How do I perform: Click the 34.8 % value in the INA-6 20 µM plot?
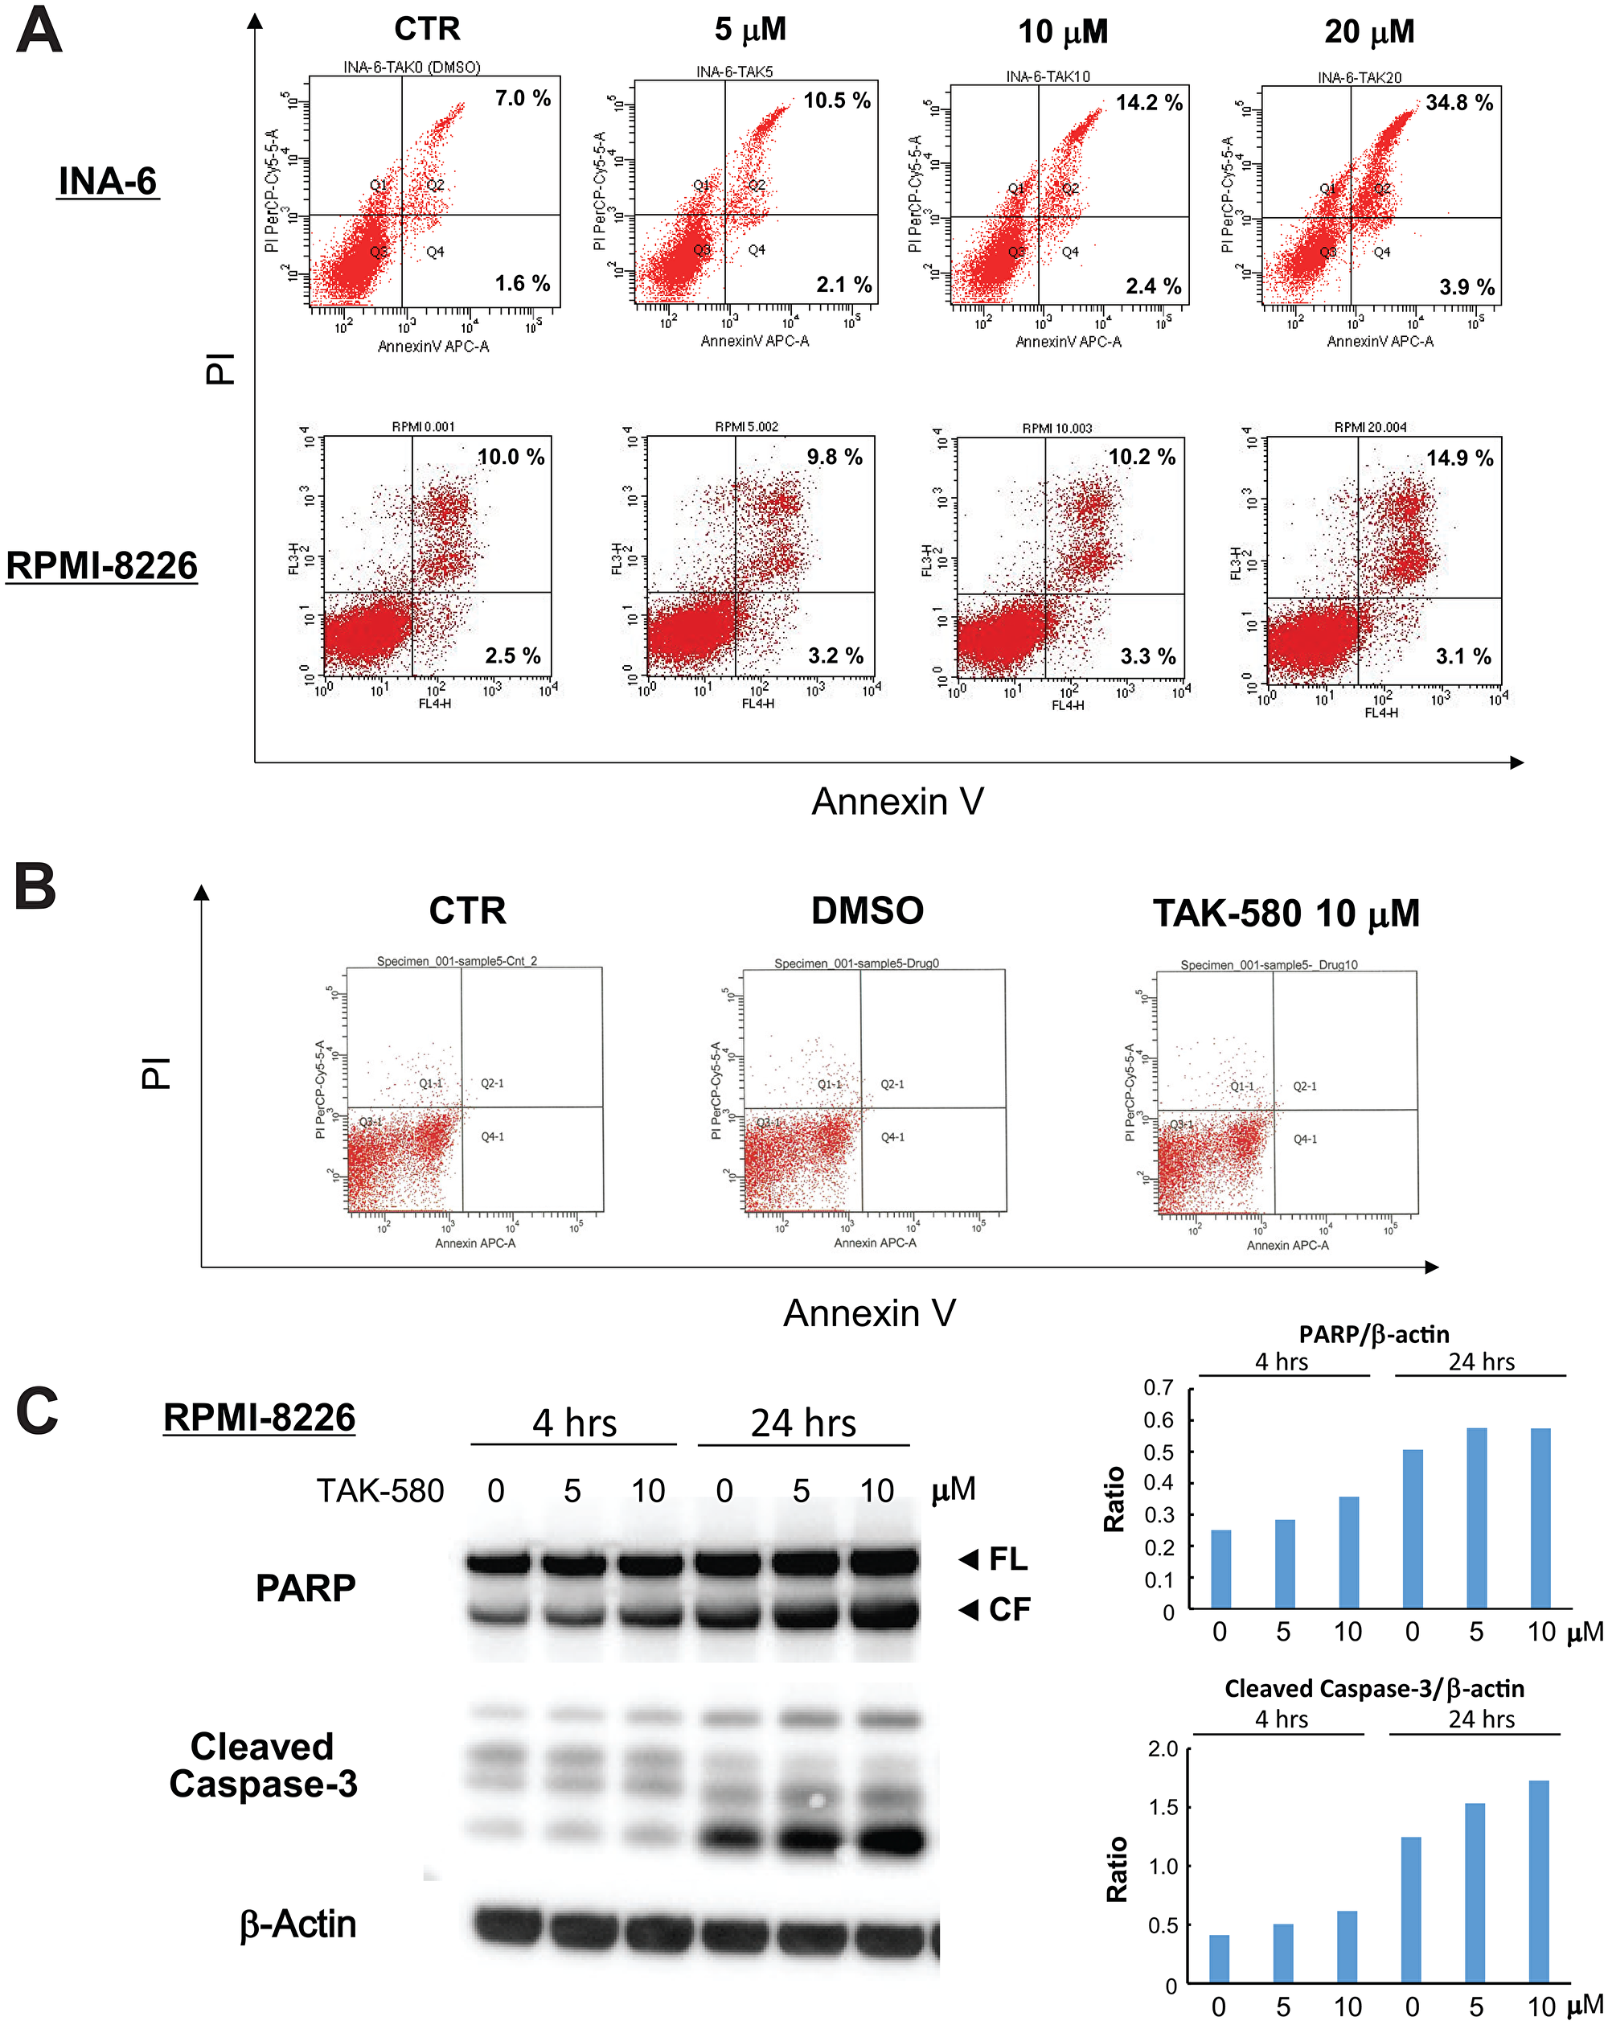tap(1458, 102)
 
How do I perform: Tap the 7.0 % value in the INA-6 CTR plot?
tap(523, 97)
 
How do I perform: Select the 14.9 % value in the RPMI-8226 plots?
tap(1458, 458)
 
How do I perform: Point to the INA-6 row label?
tap(107, 180)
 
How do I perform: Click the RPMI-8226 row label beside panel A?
tap(101, 565)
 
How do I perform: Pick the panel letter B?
tap(35, 887)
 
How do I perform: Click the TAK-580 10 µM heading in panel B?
tap(1285, 913)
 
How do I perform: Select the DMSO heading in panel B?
tap(867, 910)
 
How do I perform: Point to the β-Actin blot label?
tap(297, 1924)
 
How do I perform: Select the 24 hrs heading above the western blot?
tap(802, 1423)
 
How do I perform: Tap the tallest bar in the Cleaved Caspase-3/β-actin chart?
tap(1539, 1880)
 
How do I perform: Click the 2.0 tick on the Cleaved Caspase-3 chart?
tap(1162, 1749)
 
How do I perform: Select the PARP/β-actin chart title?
tap(1373, 1335)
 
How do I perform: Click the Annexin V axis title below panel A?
tap(897, 801)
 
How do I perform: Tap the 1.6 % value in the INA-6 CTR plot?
tap(523, 283)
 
